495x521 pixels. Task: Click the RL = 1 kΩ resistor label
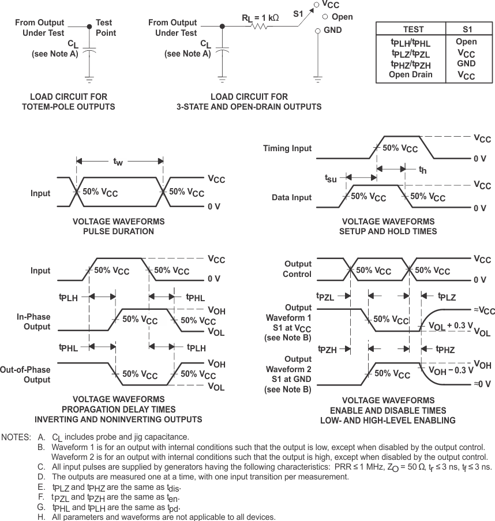(x=260, y=18)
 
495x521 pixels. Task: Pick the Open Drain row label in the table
(x=410, y=74)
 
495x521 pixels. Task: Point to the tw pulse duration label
(x=118, y=163)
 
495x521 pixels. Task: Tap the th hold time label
(x=422, y=170)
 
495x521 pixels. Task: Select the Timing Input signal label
(x=287, y=148)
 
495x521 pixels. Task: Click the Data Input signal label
(x=291, y=197)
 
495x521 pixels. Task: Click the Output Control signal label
(x=298, y=269)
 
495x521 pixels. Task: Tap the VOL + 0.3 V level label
(x=451, y=326)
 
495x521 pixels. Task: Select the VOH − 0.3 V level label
(x=451, y=370)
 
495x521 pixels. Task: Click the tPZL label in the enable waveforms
(x=326, y=297)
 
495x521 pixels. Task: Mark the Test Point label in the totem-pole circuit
(x=106, y=28)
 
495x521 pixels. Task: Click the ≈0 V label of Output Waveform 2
(x=483, y=384)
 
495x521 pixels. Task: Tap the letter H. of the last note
(x=42, y=516)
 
